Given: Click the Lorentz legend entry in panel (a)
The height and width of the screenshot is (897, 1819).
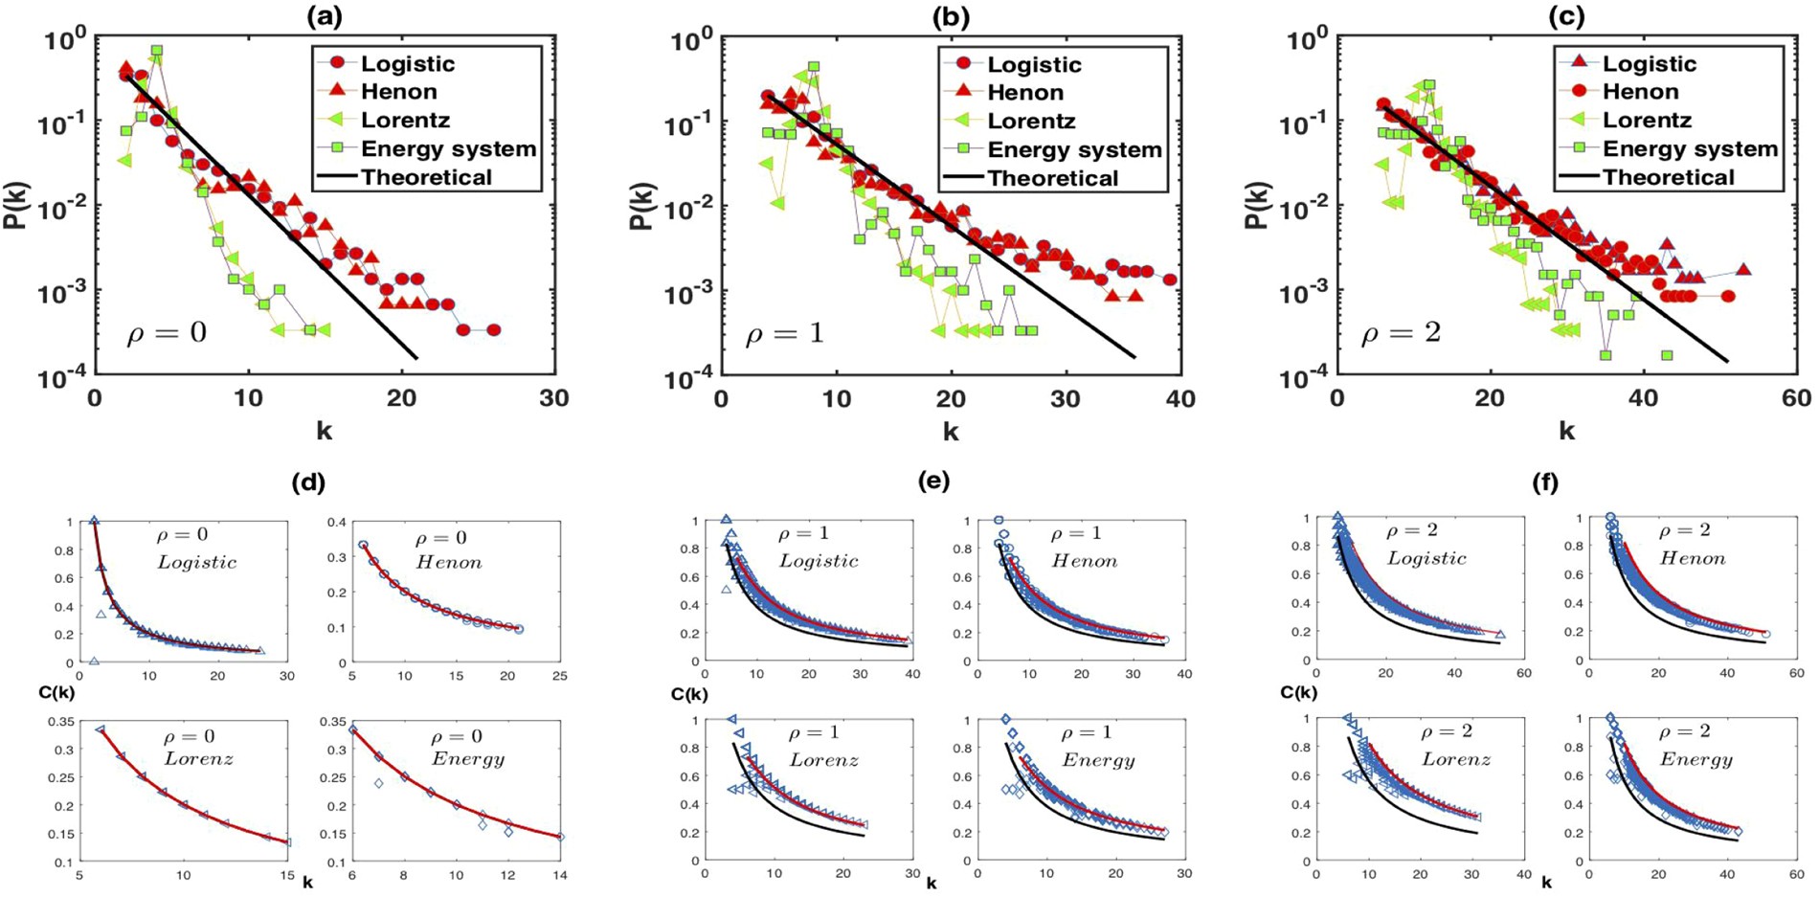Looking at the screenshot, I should pyautogui.click(x=405, y=121).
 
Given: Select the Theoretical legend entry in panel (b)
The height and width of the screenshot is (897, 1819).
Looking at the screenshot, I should pyautogui.click(x=1052, y=179).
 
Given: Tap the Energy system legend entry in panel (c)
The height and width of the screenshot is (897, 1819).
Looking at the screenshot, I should pyautogui.click(x=1690, y=149).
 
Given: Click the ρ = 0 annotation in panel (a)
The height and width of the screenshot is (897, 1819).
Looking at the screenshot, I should pyautogui.click(x=167, y=333).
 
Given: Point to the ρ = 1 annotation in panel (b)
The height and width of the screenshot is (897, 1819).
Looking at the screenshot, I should pyautogui.click(x=785, y=333).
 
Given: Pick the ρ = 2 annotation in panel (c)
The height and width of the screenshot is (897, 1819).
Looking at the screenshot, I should pyautogui.click(x=1401, y=333).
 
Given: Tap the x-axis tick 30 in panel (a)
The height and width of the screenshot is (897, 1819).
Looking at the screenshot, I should pyautogui.click(x=554, y=398).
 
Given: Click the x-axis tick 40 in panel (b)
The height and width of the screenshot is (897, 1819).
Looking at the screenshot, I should pyautogui.click(x=1180, y=398).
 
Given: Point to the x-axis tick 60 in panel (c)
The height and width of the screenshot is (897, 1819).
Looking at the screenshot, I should pyautogui.click(x=1796, y=398).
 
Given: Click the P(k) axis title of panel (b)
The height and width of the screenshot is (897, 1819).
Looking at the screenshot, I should pyautogui.click(x=640, y=206).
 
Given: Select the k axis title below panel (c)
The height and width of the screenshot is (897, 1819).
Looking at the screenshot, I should pyautogui.click(x=1566, y=431).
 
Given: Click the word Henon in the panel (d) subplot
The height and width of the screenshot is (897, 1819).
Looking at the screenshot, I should pyautogui.click(x=448, y=563).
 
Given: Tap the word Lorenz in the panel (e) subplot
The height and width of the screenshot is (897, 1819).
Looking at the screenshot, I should pyautogui.click(x=823, y=760).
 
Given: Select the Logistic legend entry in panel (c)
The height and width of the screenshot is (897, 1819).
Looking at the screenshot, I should pyautogui.click(x=1649, y=64).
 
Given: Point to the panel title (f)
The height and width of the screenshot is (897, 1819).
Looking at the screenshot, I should pyautogui.click(x=1545, y=483).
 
